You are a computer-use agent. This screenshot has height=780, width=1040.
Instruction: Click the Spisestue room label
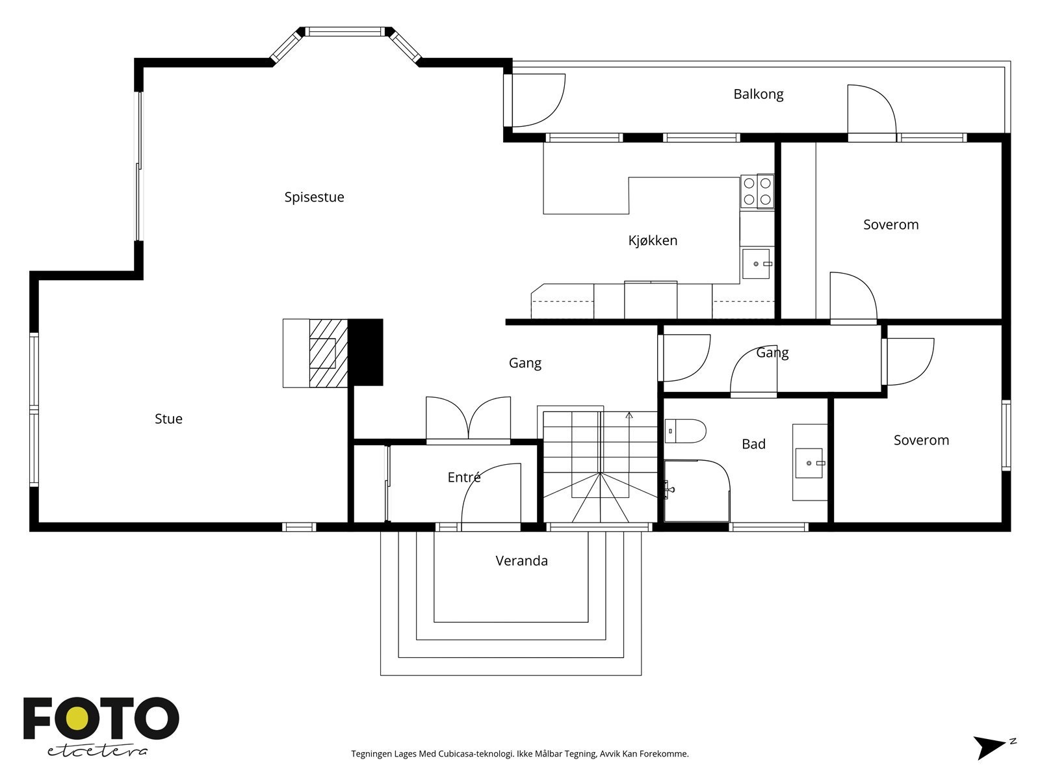(x=314, y=197)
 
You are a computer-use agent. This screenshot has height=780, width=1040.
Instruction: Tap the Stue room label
(x=168, y=419)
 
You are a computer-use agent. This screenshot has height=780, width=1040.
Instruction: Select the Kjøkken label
(x=653, y=240)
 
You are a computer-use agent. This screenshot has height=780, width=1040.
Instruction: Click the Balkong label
(x=758, y=94)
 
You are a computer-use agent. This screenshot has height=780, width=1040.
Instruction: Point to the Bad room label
(x=753, y=444)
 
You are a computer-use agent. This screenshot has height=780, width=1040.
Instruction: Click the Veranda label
(x=521, y=560)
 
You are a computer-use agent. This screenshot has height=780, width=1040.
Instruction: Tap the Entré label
(x=464, y=477)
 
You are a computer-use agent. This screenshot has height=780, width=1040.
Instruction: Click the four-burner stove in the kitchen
(x=757, y=191)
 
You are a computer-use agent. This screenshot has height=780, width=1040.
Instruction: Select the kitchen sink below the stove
(x=756, y=263)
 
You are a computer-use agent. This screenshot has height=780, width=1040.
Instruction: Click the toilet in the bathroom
(x=686, y=430)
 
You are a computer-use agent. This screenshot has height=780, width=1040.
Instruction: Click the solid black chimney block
(x=366, y=352)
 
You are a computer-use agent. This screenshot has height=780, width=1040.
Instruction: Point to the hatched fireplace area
(x=329, y=353)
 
